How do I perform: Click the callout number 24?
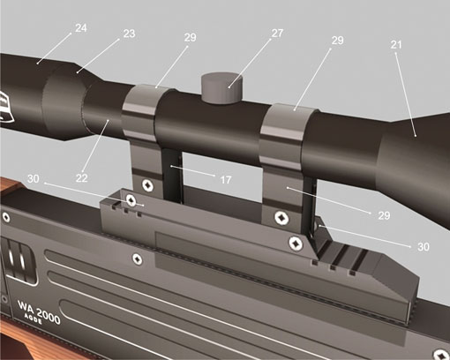81,28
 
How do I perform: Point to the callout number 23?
129,34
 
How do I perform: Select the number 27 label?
277,34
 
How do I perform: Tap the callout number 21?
396,44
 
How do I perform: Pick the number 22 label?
81,178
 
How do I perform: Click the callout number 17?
226,180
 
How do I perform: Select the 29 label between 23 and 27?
190,37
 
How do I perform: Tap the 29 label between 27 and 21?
337,41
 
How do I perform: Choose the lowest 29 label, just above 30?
384,215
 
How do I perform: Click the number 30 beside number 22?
33,178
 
